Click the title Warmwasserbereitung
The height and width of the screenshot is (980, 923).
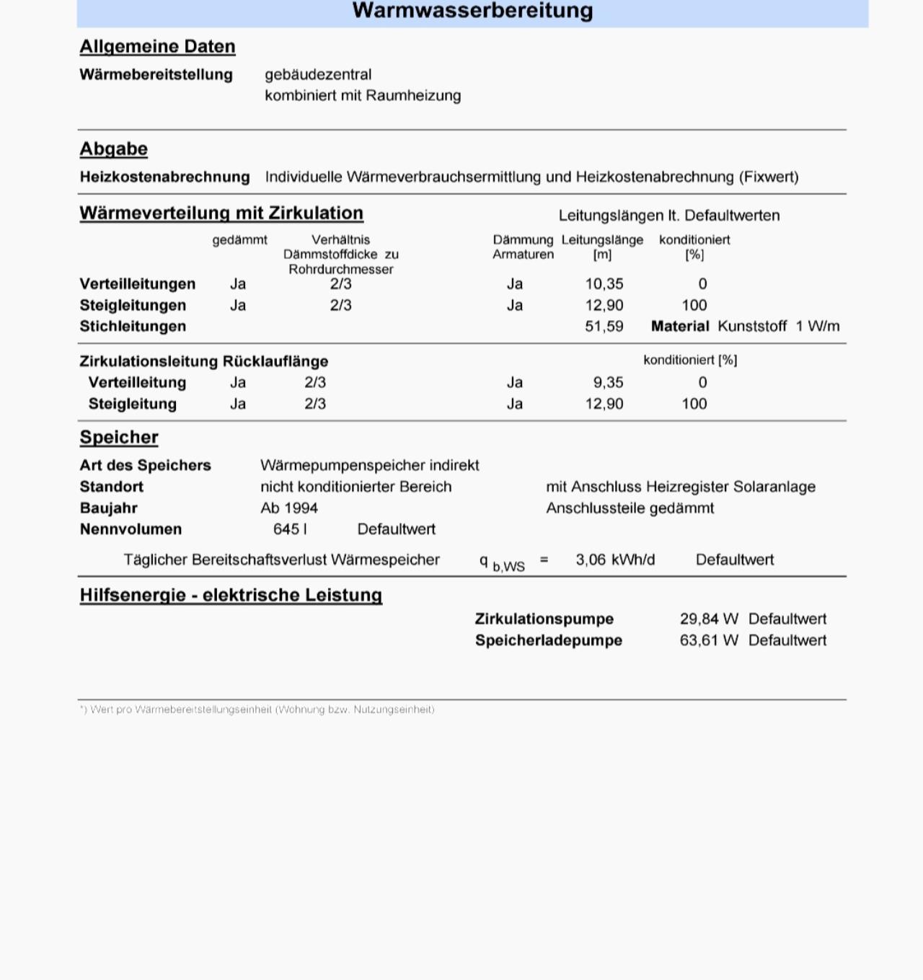click(x=472, y=11)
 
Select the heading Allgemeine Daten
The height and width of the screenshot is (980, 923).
click(x=157, y=47)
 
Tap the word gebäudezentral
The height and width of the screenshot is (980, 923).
click(x=318, y=75)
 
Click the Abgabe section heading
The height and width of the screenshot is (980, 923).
click(x=113, y=149)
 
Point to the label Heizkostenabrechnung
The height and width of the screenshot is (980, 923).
click(x=164, y=177)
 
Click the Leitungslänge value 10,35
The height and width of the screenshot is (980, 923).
click(x=604, y=284)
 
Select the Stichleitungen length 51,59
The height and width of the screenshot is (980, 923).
click(x=604, y=327)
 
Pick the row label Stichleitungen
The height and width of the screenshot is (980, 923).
click(x=133, y=327)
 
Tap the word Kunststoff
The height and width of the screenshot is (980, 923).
click(x=752, y=327)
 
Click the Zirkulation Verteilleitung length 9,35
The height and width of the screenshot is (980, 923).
click(x=609, y=383)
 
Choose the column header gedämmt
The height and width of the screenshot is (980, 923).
click(x=239, y=240)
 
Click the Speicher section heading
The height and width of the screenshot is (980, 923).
click(x=119, y=438)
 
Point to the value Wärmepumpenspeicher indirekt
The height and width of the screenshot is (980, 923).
click(x=369, y=466)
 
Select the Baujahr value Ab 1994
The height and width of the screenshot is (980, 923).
click(x=289, y=508)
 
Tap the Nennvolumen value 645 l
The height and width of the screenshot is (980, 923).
click(x=290, y=529)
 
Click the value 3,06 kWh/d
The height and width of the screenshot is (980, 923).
click(x=615, y=560)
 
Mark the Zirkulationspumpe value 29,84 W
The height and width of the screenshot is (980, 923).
click(x=709, y=619)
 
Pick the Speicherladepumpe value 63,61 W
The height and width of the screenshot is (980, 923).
click(x=709, y=641)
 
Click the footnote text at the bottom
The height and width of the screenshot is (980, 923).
click(x=257, y=710)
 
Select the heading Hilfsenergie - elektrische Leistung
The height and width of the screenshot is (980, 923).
click(x=231, y=596)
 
